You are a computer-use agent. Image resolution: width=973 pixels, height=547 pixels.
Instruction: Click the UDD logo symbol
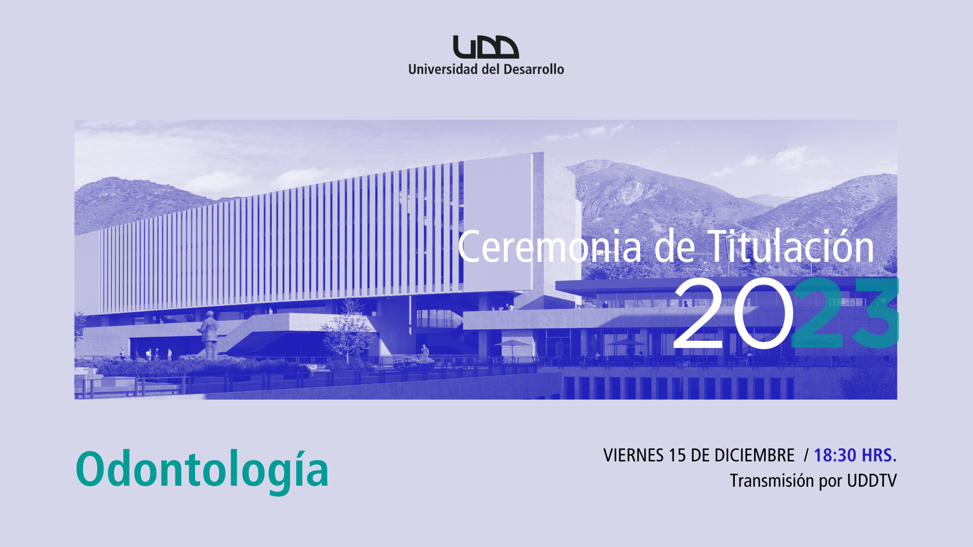click(486, 47)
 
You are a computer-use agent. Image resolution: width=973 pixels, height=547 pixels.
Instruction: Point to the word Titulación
click(791, 246)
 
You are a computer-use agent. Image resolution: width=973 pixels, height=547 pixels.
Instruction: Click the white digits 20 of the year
click(733, 314)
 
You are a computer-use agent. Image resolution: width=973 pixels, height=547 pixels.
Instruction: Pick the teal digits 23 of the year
click(845, 313)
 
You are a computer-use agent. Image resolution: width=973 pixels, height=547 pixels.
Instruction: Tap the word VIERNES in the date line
click(633, 455)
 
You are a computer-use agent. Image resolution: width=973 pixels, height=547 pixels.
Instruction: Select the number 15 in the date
click(677, 455)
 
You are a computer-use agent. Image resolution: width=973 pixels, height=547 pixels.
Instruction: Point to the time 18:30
click(835, 455)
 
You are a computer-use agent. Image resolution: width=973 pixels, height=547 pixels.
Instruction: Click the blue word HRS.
click(879, 455)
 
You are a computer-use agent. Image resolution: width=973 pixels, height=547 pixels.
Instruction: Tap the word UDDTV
click(872, 481)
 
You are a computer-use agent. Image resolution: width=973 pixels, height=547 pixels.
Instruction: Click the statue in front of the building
click(208, 334)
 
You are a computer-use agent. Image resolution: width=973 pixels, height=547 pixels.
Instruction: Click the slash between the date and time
click(806, 455)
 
